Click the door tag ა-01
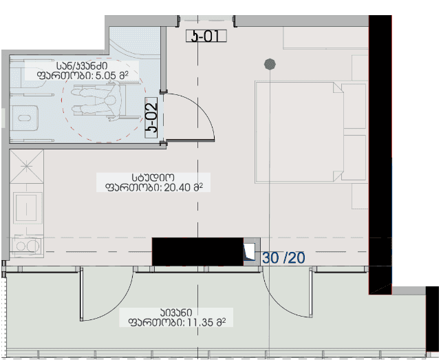pos(206,36)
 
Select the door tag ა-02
pos(151,118)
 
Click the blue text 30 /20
pos(283,258)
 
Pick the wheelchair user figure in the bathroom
pos(99,100)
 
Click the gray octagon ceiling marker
pos(270,64)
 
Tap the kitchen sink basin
pos(26,208)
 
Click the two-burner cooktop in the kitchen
pos(26,246)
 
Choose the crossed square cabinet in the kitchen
pos(26,167)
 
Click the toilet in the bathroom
pos(25,118)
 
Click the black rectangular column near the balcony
pos(197,252)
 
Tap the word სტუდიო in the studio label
pos(153,178)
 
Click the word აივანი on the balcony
pos(176,313)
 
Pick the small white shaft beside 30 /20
pos(250,251)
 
